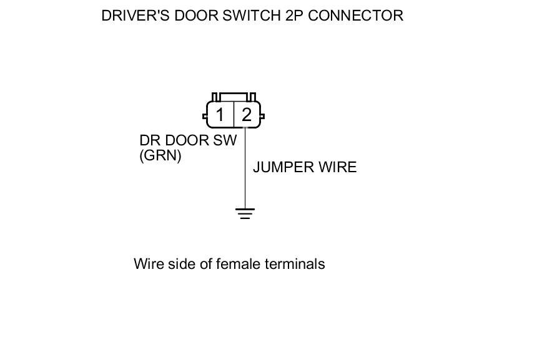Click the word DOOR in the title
(x=194, y=16)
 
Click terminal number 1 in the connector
(x=220, y=115)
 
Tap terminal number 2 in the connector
(x=247, y=115)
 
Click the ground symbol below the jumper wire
(x=245, y=213)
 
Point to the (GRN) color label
(x=160, y=155)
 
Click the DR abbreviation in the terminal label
(x=149, y=140)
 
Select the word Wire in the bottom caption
(x=147, y=264)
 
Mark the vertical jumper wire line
(x=245, y=168)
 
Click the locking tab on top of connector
(x=234, y=97)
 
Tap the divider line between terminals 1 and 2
(x=234, y=115)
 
